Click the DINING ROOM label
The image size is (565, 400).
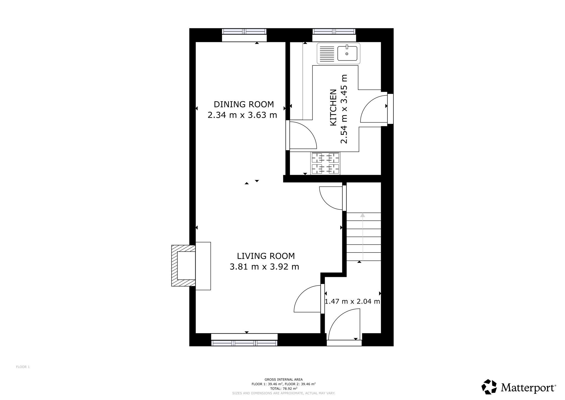pos(244,104)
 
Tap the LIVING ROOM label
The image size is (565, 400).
pos(266,256)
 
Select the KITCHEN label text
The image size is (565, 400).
pos(334,107)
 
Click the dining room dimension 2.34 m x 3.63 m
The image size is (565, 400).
pos(242,115)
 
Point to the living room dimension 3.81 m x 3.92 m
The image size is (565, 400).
pos(264,267)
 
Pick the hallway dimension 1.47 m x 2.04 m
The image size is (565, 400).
pos(352,301)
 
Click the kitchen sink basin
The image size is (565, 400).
pos(347,53)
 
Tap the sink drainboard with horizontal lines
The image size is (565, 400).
pos(327,54)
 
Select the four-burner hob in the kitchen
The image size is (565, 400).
pos(325,163)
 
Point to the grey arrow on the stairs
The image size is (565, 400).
pos(363,236)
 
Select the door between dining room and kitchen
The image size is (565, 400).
pos(302,135)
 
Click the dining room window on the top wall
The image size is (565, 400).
pos(244,31)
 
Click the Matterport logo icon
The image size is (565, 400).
pos(489,387)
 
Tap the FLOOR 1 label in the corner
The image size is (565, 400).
pos(23,367)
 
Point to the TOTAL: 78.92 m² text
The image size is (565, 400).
pos(284,388)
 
